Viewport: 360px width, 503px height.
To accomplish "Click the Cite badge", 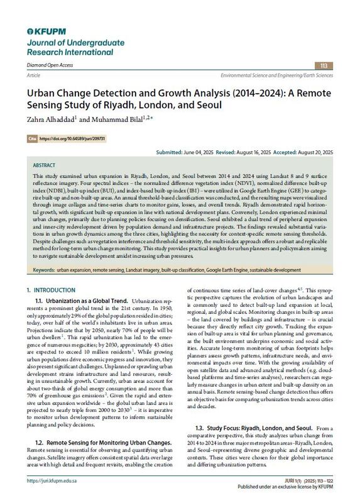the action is [x=32, y=136].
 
